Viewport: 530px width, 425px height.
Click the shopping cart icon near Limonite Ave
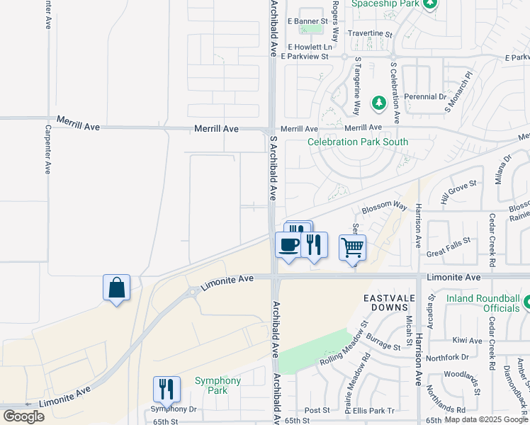click(x=352, y=247)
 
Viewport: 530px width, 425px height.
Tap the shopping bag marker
click(x=116, y=288)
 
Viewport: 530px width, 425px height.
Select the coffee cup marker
click(x=288, y=245)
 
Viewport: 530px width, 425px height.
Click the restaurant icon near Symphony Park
click(x=167, y=389)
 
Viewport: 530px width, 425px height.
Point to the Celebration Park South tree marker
click(x=378, y=103)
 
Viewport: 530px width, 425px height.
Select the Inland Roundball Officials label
click(x=483, y=303)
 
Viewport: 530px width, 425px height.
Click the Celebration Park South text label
click(x=358, y=142)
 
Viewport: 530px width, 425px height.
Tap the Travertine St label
click(x=369, y=33)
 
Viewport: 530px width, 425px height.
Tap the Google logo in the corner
click(x=23, y=416)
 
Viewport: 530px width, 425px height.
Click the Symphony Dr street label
click(x=173, y=409)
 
